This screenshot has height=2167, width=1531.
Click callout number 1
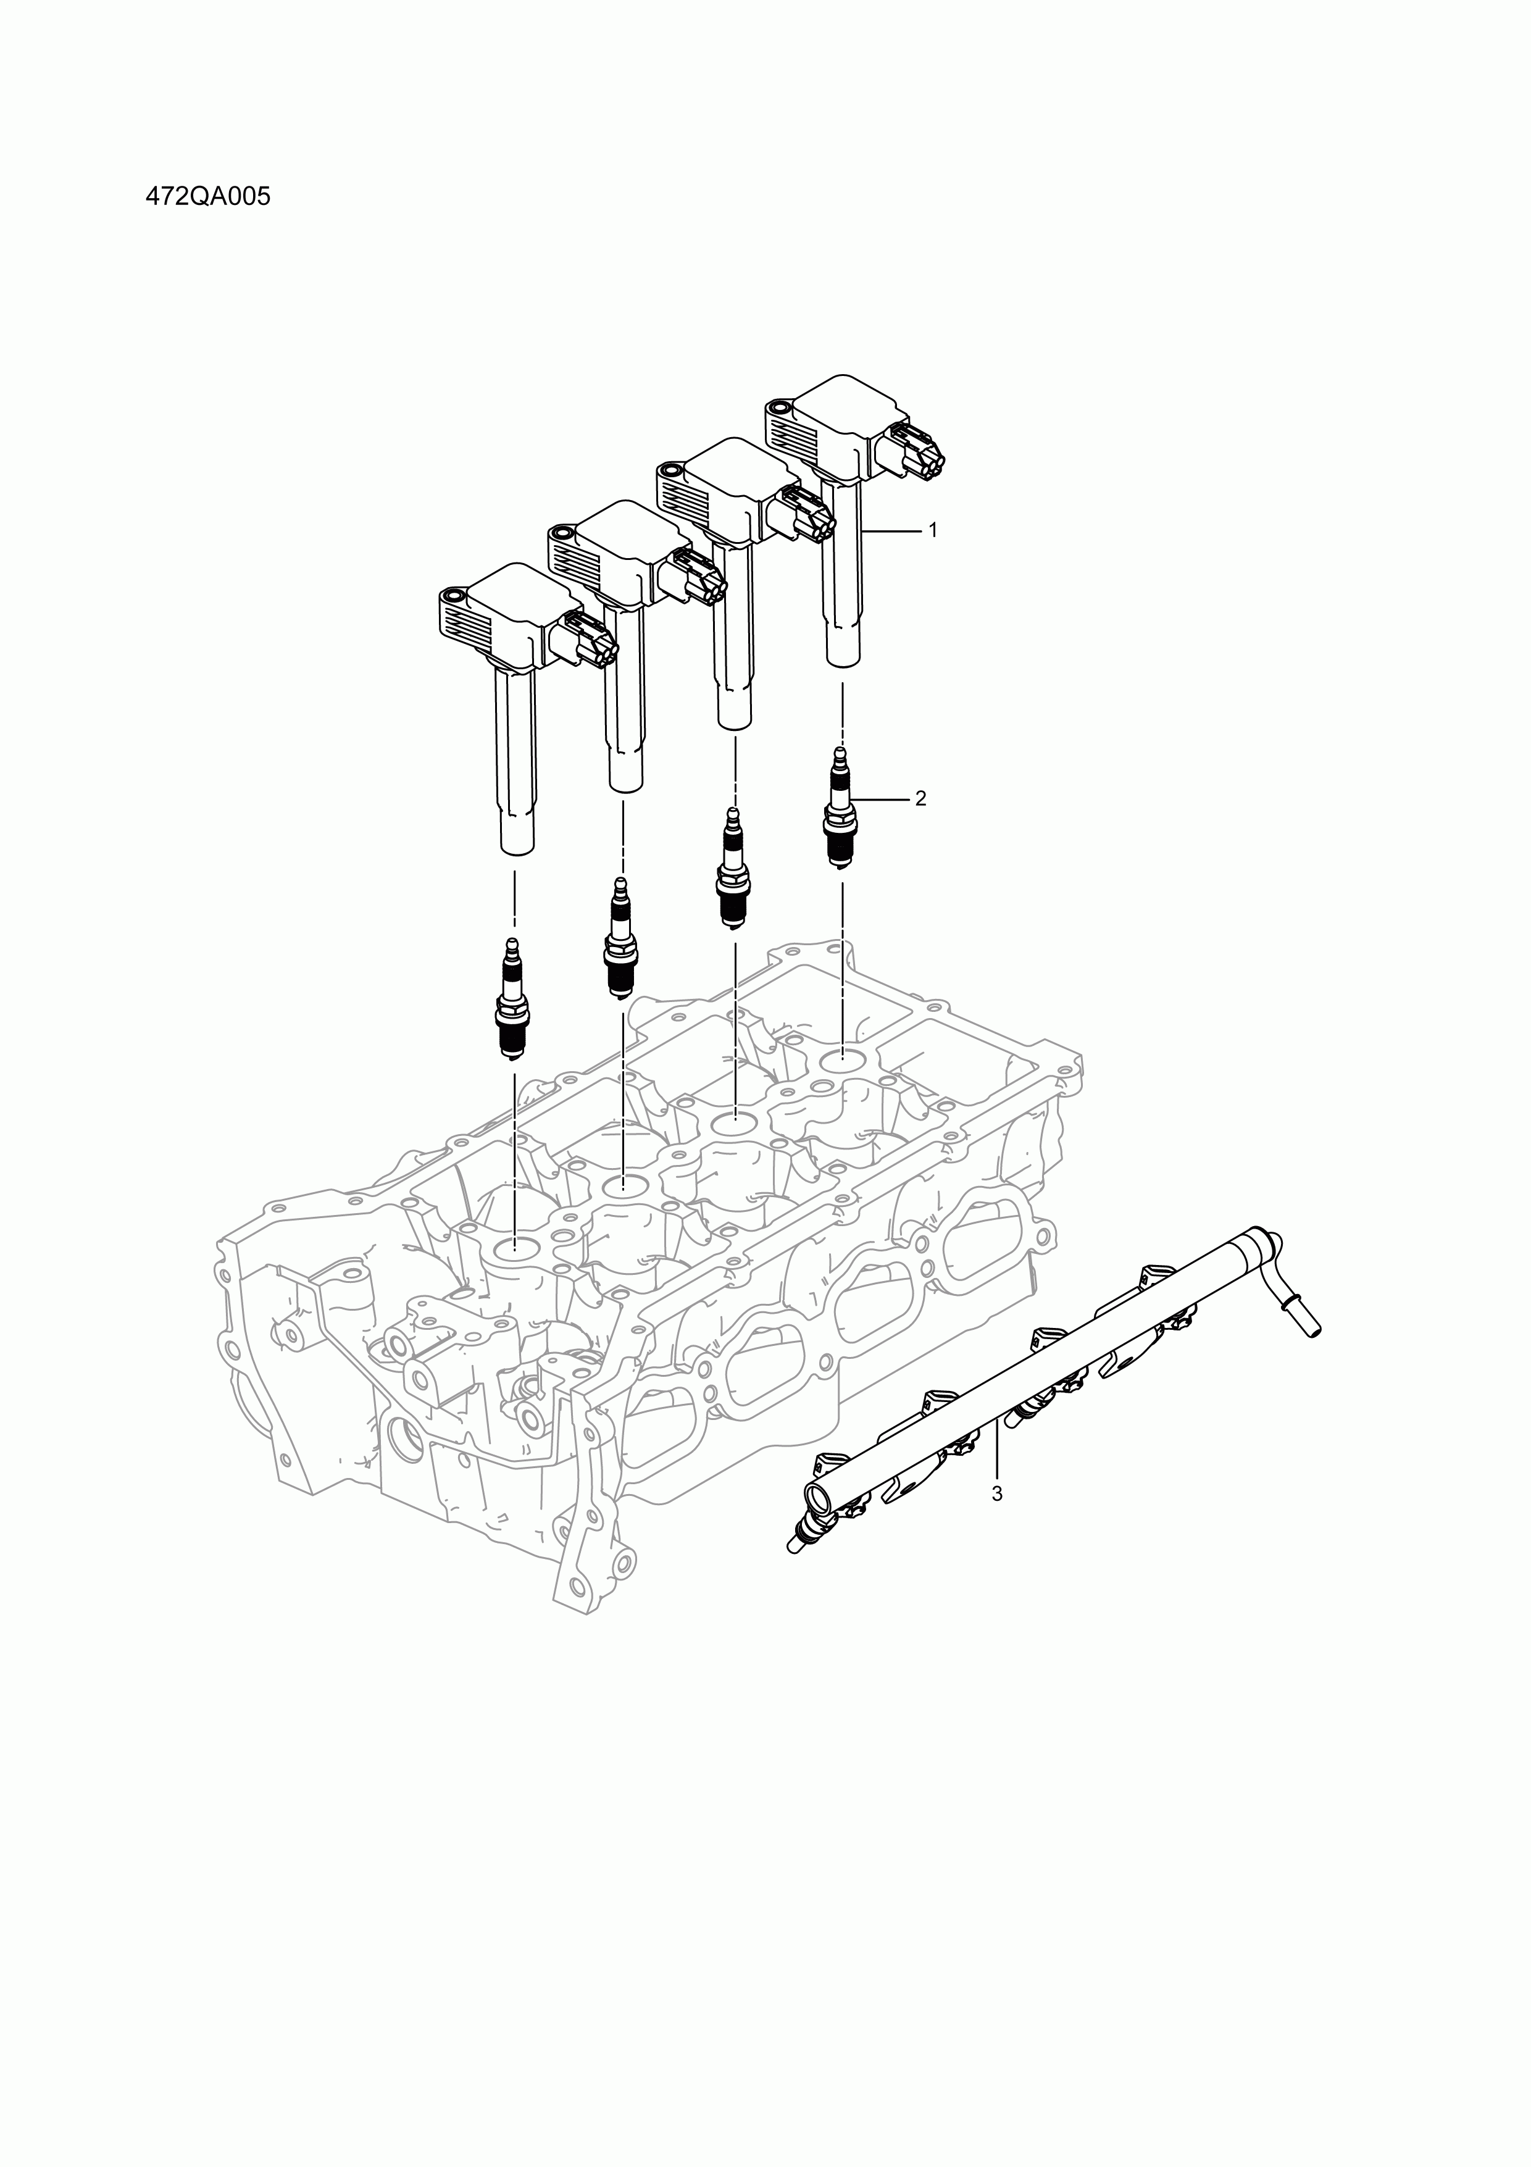(933, 530)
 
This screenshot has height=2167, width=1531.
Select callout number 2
(920, 798)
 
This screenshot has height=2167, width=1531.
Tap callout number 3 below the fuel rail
(997, 1521)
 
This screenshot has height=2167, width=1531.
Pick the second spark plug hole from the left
(623, 1185)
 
